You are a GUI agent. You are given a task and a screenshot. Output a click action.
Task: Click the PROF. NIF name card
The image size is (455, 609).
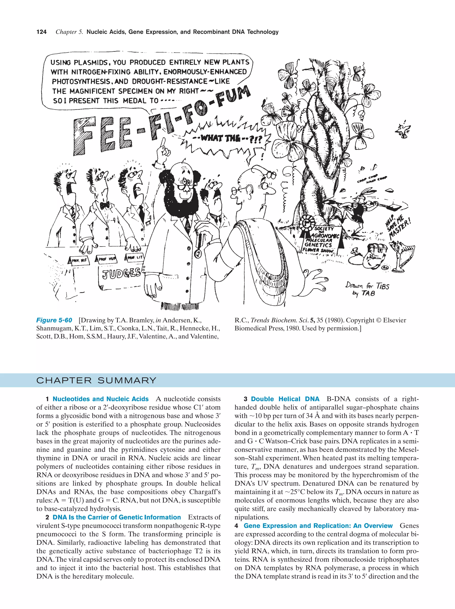(79, 260)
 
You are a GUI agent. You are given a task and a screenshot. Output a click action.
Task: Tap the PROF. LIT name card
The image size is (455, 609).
(135, 257)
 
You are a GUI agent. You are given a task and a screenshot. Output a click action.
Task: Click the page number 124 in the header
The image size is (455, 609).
(41, 32)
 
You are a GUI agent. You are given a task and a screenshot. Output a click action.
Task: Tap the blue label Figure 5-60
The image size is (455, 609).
(54, 320)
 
